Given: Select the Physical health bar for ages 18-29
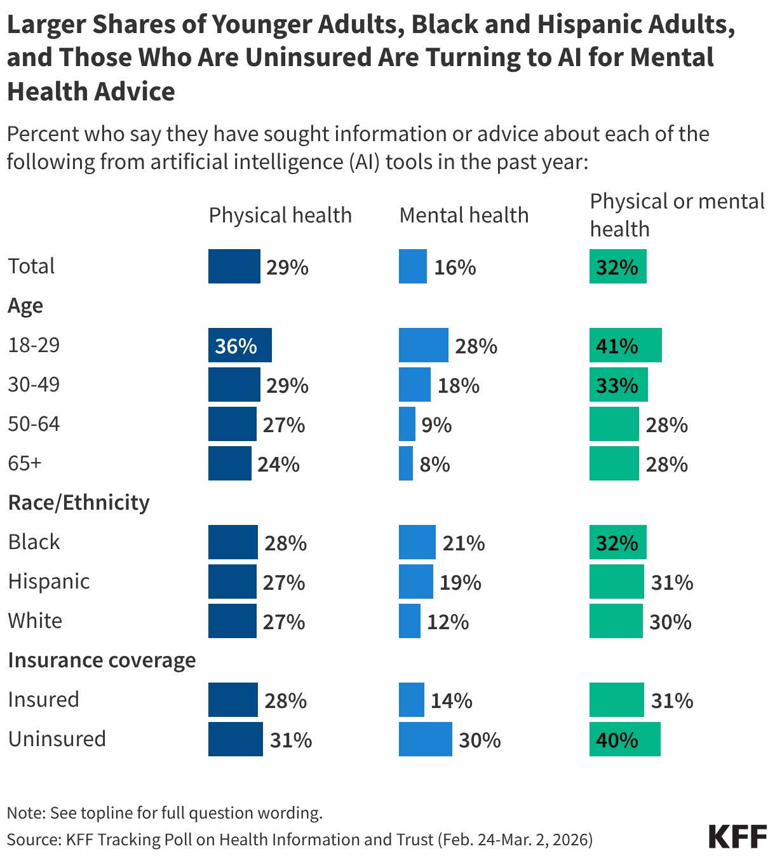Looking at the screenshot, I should (239, 345).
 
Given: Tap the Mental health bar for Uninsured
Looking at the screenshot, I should (425, 739).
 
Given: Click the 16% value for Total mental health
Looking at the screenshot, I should (455, 267).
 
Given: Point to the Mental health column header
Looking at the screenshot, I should (464, 215).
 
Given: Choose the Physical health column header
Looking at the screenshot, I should (280, 215).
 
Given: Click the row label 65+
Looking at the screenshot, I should (25, 463).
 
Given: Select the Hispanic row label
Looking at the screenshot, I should (49, 581).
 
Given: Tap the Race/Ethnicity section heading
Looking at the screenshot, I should (79, 502).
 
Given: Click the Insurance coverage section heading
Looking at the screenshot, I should (102, 660).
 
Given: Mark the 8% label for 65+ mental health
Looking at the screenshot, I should (435, 465).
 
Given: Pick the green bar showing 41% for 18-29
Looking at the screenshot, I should (625, 345).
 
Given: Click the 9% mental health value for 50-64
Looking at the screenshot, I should (436, 425).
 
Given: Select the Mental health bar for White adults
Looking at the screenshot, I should (409, 621).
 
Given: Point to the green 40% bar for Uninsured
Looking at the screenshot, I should (624, 739).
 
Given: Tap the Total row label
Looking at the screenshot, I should (31, 266).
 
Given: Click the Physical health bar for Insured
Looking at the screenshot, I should (232, 700).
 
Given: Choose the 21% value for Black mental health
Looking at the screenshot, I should (464, 543).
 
